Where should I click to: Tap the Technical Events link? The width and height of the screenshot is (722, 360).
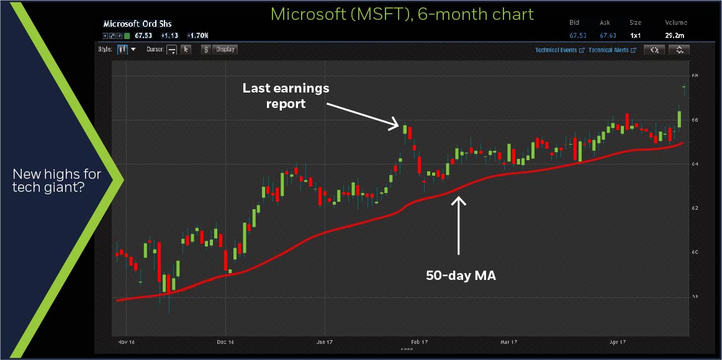tap(556, 50)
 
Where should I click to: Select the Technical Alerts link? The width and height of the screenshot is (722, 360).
tap(609, 50)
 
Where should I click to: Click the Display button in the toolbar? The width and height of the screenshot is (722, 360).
tap(225, 50)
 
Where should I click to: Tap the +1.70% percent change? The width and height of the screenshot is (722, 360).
tap(199, 36)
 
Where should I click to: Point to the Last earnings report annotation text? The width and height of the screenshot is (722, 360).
tap(286, 96)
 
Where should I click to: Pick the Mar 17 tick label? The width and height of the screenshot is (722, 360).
tap(508, 342)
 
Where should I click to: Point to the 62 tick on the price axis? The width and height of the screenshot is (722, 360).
tap(694, 208)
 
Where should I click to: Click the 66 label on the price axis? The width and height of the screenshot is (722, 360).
tap(694, 120)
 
